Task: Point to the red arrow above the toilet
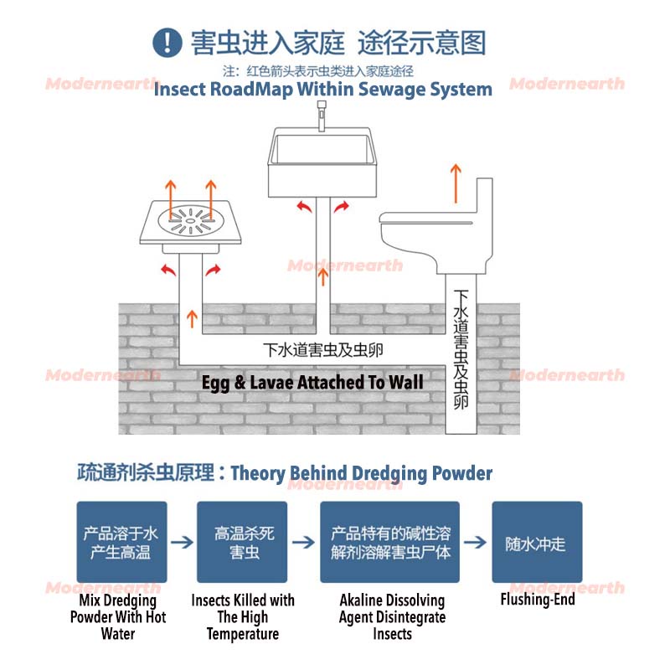456,183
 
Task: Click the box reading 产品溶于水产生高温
121,542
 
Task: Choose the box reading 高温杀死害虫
241,542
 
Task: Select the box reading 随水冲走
536,542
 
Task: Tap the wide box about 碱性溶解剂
389,542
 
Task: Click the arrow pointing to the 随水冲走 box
476,542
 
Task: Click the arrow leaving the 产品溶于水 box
181,542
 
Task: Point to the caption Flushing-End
537,600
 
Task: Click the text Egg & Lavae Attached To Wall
312,383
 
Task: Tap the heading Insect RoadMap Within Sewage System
322,89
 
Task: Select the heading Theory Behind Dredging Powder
361,473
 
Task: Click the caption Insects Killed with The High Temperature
243,617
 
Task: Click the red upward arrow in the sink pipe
323,277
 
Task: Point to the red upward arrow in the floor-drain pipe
193,317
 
